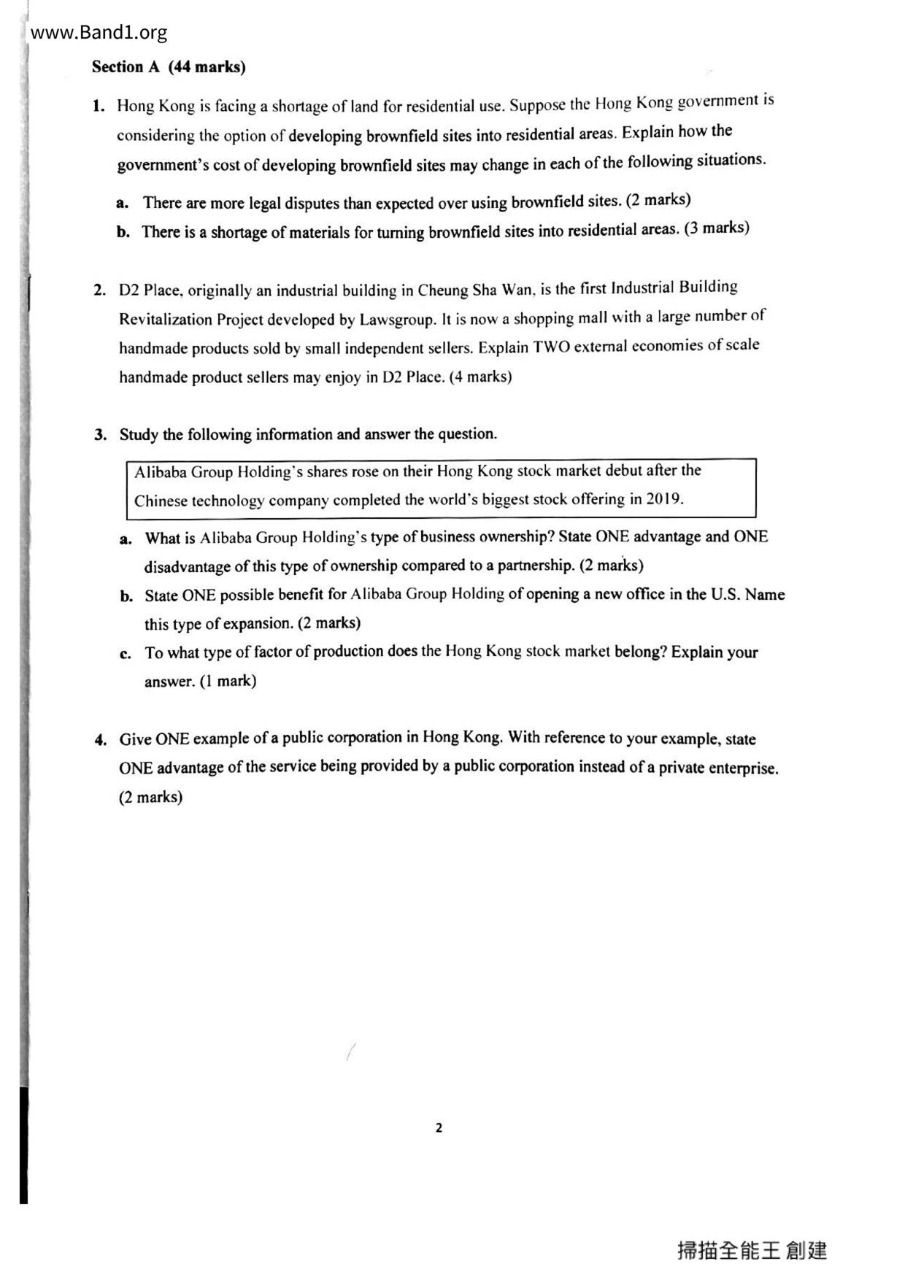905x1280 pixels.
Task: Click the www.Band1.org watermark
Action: pyautogui.click(x=99, y=33)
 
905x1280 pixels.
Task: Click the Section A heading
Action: pyautogui.click(x=169, y=67)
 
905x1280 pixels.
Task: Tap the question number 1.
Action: pyautogui.click(x=99, y=106)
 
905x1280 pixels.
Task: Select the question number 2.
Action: pyautogui.click(x=100, y=290)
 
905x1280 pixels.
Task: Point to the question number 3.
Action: pyautogui.click(x=101, y=435)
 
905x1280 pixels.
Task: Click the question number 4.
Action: pyautogui.click(x=101, y=740)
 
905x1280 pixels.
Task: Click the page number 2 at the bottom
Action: pyautogui.click(x=439, y=1127)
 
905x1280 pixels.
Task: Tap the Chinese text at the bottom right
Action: pyautogui.click(x=752, y=1250)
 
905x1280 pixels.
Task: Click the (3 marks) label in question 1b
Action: pyautogui.click(x=717, y=228)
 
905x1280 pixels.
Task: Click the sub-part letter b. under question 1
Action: pyautogui.click(x=123, y=233)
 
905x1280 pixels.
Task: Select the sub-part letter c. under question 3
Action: pyautogui.click(x=126, y=653)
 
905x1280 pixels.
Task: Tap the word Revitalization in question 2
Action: pyautogui.click(x=166, y=320)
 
